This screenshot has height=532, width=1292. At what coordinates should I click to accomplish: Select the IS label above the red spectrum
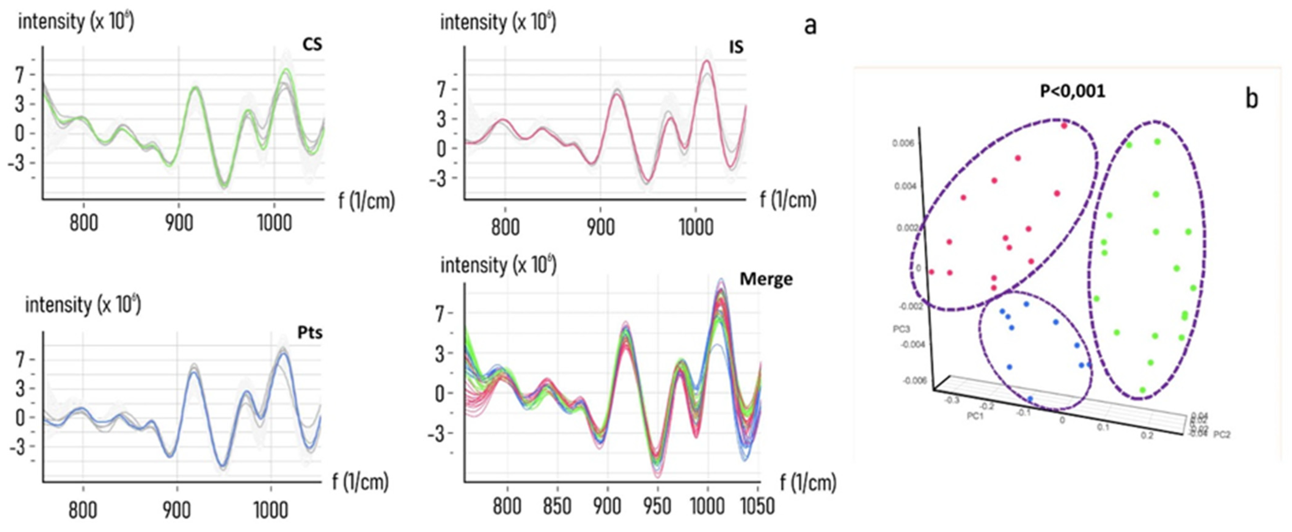(x=736, y=47)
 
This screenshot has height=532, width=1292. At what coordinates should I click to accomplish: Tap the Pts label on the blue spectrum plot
(x=310, y=333)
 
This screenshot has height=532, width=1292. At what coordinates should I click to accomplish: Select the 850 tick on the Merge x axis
(x=557, y=506)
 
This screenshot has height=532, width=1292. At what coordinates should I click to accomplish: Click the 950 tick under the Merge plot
(x=657, y=506)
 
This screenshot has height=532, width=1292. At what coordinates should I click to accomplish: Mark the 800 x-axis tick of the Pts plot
(x=83, y=510)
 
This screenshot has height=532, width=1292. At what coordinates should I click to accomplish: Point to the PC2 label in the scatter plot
(x=1222, y=435)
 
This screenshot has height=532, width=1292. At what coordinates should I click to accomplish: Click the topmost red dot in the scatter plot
(x=1064, y=126)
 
